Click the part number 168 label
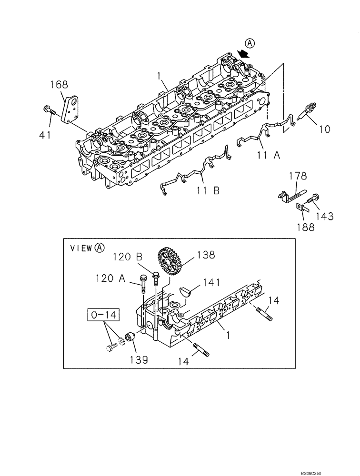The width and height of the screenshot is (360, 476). click(x=60, y=85)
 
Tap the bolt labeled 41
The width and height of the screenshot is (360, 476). click(x=50, y=110)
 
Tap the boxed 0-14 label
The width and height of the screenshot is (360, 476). click(x=103, y=315)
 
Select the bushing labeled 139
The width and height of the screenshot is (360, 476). click(x=130, y=339)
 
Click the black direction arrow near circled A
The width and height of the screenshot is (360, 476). click(x=244, y=54)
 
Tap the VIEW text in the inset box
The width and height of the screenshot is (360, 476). click(x=81, y=248)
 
